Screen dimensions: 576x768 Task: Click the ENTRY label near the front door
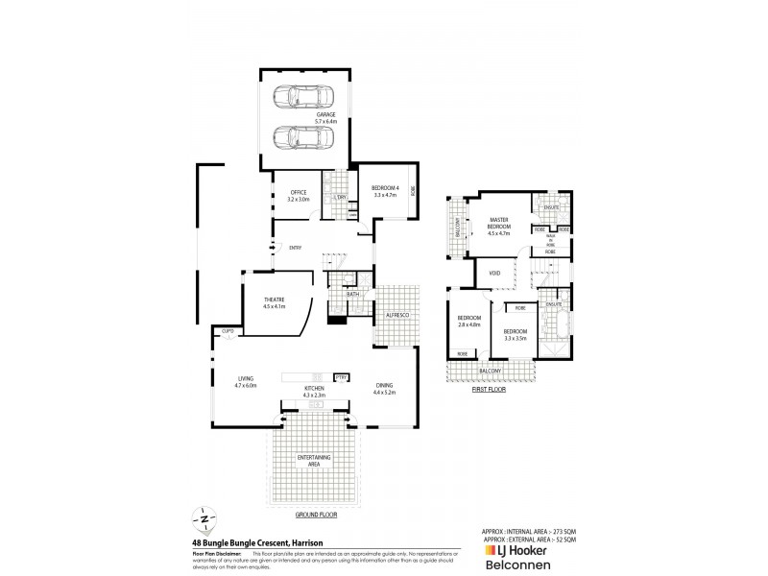click(x=296, y=248)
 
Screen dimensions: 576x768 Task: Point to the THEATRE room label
click(x=276, y=300)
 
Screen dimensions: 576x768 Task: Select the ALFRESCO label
click(x=397, y=315)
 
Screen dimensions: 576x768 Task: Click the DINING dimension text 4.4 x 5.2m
click(x=384, y=394)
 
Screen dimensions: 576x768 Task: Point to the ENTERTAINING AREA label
click(x=314, y=461)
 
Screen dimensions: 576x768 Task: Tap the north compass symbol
click(x=204, y=518)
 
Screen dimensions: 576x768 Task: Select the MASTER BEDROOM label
click(x=498, y=224)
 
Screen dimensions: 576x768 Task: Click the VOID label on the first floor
click(x=495, y=273)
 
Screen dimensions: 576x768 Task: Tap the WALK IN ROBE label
click(x=550, y=240)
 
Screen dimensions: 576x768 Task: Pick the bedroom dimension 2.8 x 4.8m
click(x=468, y=324)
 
